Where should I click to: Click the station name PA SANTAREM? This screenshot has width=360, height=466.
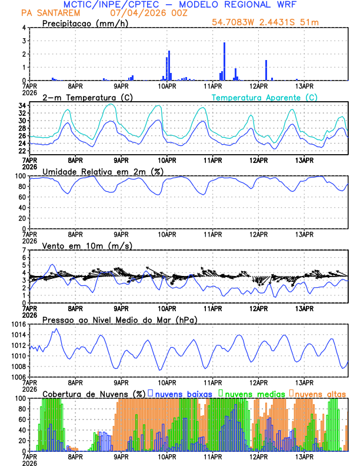click(x=46, y=12)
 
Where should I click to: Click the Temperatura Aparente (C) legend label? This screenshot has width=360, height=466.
click(x=264, y=97)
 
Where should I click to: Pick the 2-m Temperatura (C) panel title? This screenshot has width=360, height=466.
click(x=85, y=97)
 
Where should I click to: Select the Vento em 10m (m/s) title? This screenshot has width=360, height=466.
click(x=78, y=245)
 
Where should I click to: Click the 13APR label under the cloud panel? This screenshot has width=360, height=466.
click(x=304, y=455)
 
